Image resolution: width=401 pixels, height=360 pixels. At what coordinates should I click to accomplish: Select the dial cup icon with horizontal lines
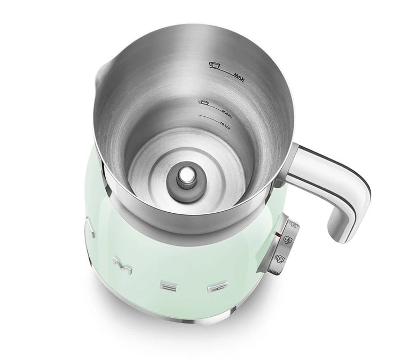pyautogui.click(x=279, y=258)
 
